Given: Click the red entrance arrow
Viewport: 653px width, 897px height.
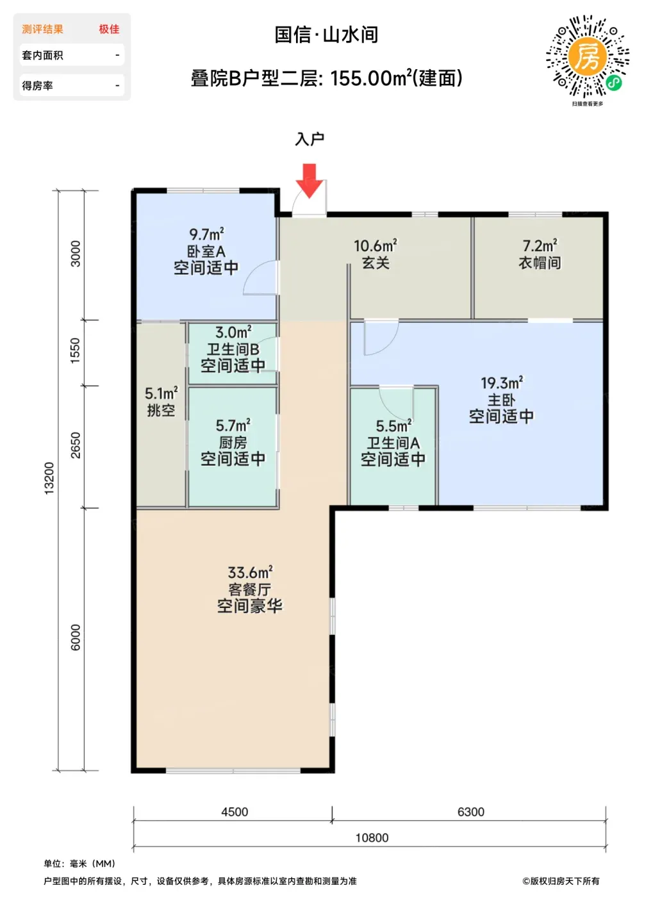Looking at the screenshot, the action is point(310,180).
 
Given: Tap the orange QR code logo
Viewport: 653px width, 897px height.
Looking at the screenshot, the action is point(587,57).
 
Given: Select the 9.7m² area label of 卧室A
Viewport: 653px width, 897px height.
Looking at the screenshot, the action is point(206,234).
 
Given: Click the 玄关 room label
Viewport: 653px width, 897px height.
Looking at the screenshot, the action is point(376,263).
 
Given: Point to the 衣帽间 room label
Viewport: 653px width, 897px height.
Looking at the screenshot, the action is point(540,263).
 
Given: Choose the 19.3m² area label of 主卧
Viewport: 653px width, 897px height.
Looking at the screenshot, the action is point(502,383).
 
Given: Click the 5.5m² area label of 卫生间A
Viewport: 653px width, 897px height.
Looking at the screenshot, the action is point(393,426).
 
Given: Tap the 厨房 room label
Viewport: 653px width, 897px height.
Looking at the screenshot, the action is point(233,443).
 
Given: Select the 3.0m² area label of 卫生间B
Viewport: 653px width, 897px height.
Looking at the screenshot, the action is point(233,332).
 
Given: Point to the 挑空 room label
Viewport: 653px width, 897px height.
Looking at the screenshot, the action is point(161,410).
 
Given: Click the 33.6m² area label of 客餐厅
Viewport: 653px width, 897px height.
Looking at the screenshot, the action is point(250,573).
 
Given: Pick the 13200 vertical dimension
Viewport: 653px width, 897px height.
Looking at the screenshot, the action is point(49,479).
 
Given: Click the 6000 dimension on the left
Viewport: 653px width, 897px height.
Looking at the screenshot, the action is point(76,638).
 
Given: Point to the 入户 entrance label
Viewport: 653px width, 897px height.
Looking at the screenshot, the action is point(310,139).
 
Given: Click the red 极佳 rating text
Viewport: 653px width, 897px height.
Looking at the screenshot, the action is point(109,29).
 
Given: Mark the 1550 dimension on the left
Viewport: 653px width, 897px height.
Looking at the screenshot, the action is point(76,351).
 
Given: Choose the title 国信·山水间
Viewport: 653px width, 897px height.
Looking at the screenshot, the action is point(327,35).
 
